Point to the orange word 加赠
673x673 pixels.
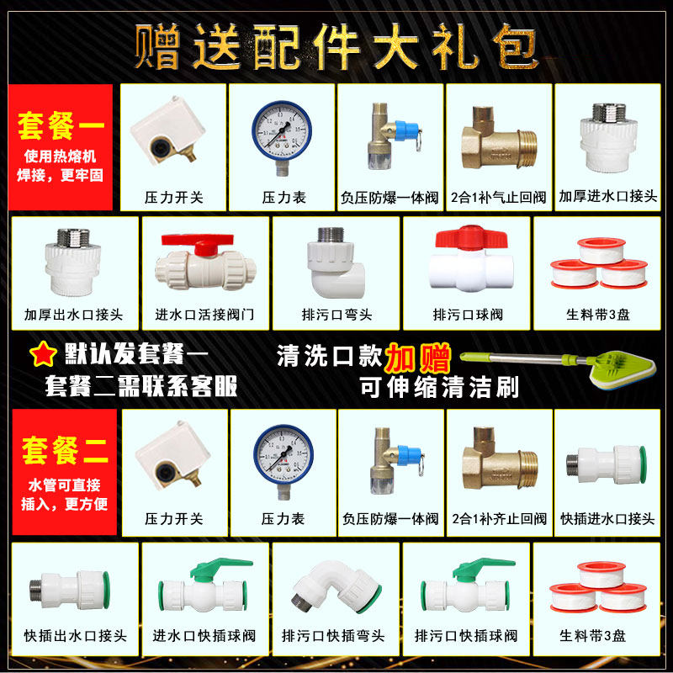coord(418,356)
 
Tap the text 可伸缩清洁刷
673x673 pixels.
coord(438,388)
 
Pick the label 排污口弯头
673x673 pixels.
coord(336,315)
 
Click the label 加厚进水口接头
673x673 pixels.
coord(607,197)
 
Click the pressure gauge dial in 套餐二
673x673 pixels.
coord(282,453)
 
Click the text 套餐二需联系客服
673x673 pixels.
coord(141,387)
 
